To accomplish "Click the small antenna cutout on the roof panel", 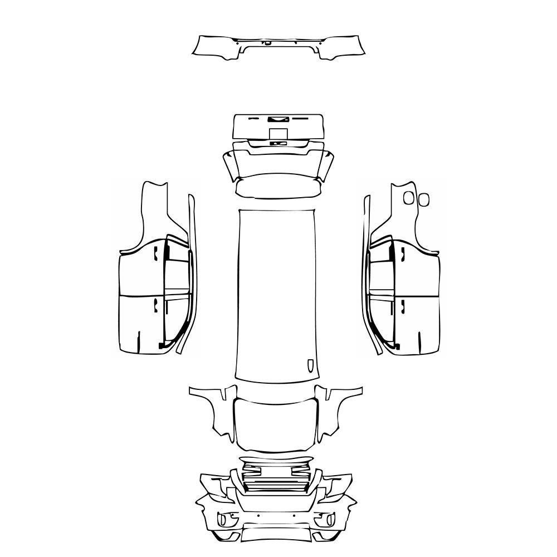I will coord(310,365).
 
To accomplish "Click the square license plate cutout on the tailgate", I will coord(278,134).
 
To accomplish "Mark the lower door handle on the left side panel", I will coord(155,304).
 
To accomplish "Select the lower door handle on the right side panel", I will coord(402,304).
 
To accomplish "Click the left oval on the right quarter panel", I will coord(409,197).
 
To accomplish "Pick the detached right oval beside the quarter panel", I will coord(424,199).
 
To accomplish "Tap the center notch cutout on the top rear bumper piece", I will coord(268,42).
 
